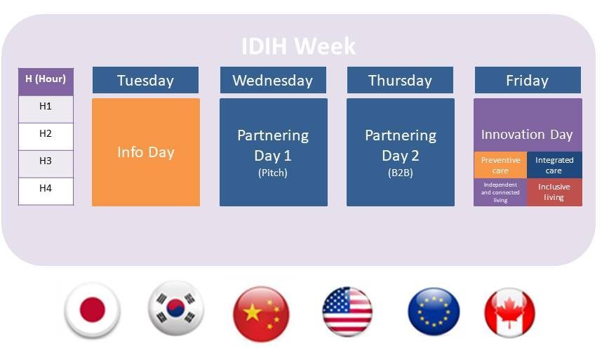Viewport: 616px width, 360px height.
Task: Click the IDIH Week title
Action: (x=298, y=46)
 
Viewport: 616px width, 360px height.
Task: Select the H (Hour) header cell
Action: (x=46, y=81)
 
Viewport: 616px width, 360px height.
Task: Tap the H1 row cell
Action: (x=46, y=109)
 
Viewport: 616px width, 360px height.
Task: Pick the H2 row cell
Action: (x=46, y=136)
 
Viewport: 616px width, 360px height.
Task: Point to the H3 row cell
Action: (x=46, y=164)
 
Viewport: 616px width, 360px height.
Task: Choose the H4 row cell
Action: (x=46, y=192)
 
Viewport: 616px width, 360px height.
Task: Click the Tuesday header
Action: (x=145, y=80)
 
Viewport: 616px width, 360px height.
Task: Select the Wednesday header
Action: (x=273, y=80)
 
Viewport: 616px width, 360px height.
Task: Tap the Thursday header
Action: (x=400, y=80)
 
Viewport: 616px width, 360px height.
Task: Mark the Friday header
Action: (x=528, y=80)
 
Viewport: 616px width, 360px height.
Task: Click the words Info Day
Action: (x=146, y=152)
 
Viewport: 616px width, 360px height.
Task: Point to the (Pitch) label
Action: (x=273, y=173)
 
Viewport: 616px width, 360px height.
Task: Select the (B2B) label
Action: (x=401, y=173)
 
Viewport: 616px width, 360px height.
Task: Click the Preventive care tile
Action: (x=500, y=165)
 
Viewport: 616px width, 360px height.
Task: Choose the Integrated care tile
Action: (x=554, y=165)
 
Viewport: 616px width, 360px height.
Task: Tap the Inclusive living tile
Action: (x=554, y=192)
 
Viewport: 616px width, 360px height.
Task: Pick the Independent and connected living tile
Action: (x=500, y=192)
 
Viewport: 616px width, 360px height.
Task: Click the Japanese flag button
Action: (x=93, y=310)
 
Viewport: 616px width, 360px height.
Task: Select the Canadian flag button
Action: (x=509, y=312)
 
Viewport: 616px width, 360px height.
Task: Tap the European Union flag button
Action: (x=434, y=312)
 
